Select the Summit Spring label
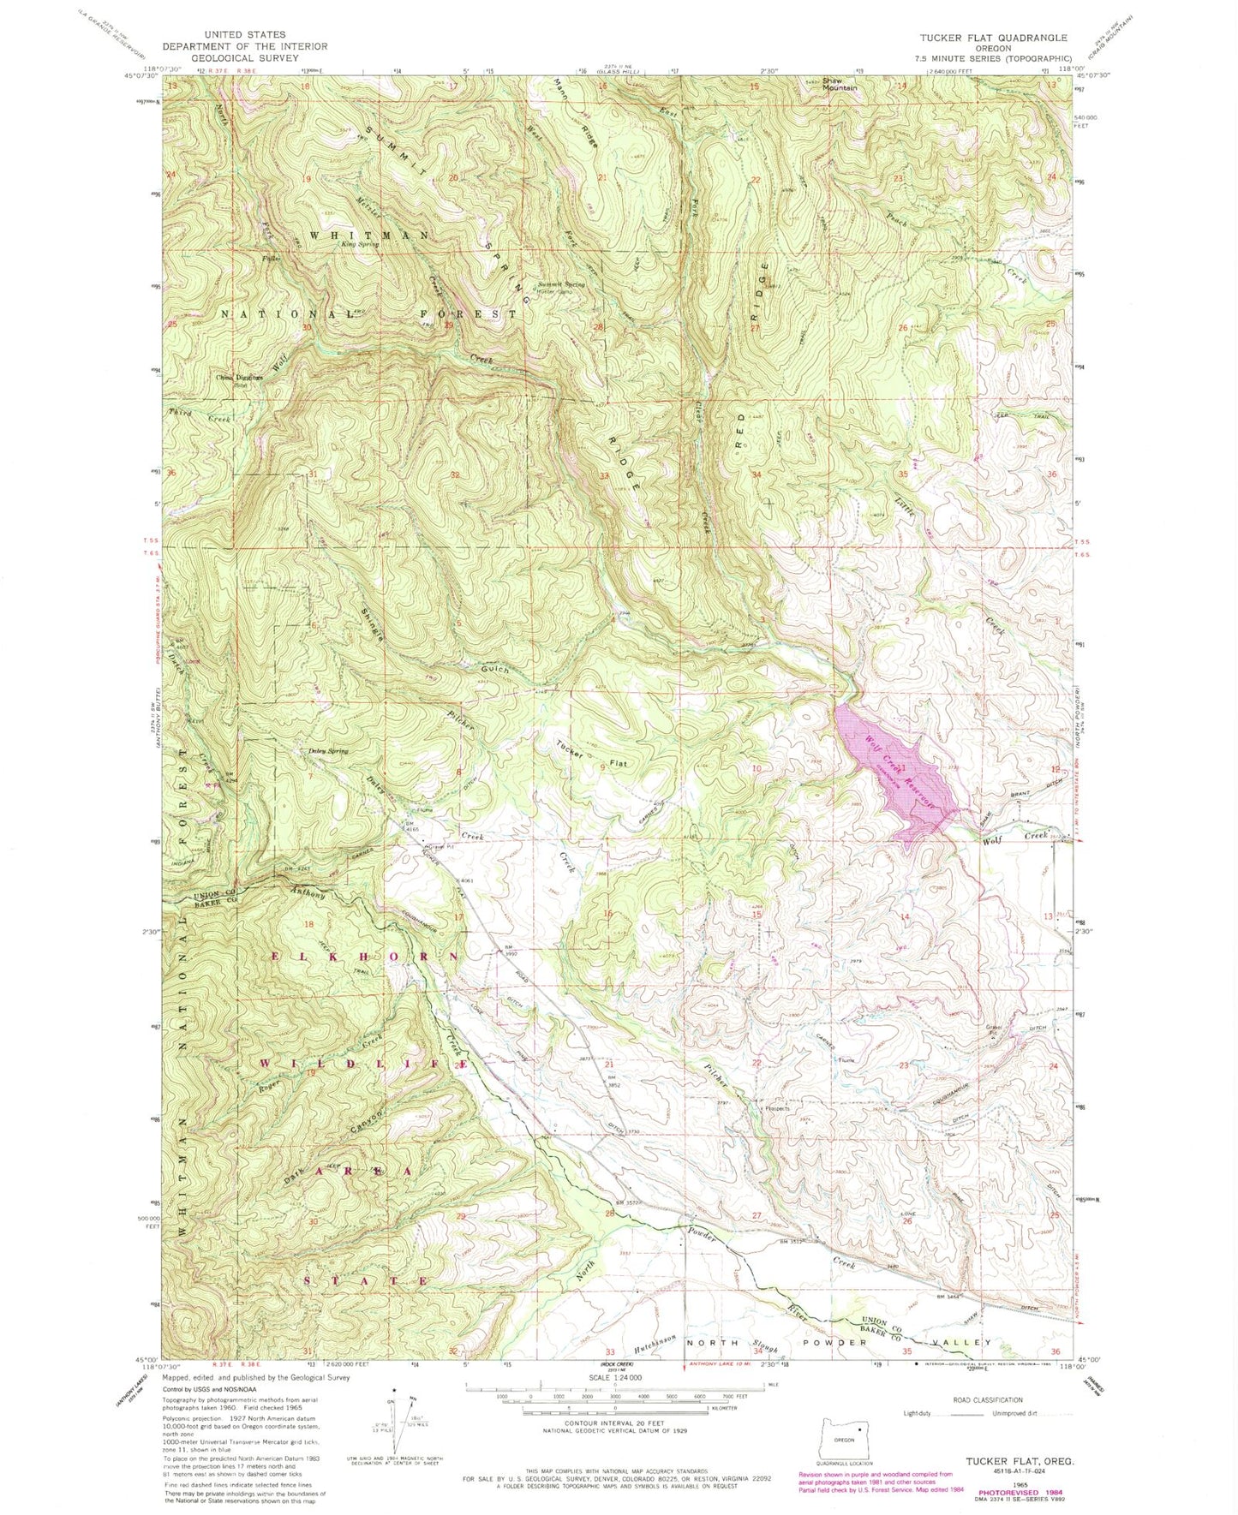(562, 284)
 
